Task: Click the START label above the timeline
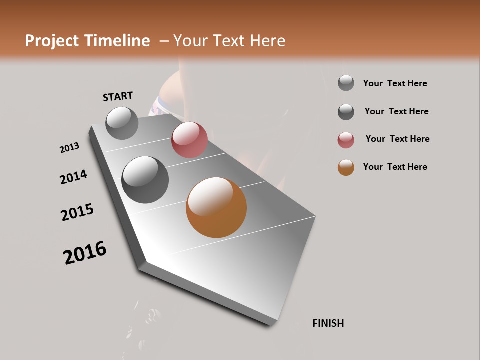pyautogui.click(x=118, y=96)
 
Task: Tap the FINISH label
pyautogui.click(x=328, y=323)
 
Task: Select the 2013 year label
pyautogui.click(x=70, y=148)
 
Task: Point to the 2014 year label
pyautogui.click(x=74, y=177)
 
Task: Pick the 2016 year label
pyautogui.click(x=85, y=253)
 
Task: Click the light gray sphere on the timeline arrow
pyautogui.click(x=122, y=123)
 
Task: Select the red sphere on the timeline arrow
pyautogui.click(x=189, y=140)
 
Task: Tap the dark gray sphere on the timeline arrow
pyautogui.click(x=145, y=180)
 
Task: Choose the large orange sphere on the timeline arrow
pyautogui.click(x=216, y=207)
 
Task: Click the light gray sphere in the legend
pyautogui.click(x=346, y=83)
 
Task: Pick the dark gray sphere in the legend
pyautogui.click(x=346, y=112)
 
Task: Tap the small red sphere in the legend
pyautogui.click(x=346, y=140)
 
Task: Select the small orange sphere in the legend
pyautogui.click(x=346, y=167)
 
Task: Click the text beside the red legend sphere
pyautogui.click(x=397, y=139)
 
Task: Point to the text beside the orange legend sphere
pyautogui.click(x=395, y=167)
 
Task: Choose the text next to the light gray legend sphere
pyautogui.click(x=395, y=83)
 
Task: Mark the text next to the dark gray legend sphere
pyautogui.click(x=396, y=111)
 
